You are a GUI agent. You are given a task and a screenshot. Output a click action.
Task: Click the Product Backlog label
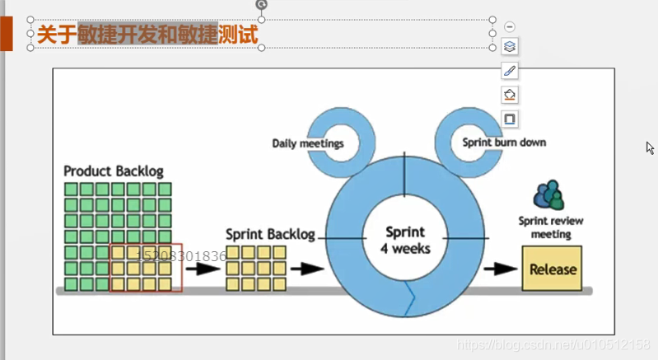114,171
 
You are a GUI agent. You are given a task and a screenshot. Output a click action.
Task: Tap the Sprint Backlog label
270,235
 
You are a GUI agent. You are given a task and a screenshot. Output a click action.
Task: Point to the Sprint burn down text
503,143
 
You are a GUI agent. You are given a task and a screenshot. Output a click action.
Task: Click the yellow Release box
553,269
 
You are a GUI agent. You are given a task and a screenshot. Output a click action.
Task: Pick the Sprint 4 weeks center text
405,240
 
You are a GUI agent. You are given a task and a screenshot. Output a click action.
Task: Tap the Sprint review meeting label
544,227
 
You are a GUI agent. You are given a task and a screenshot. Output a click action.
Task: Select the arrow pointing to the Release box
500,269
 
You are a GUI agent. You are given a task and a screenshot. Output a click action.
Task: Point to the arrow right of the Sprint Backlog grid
306,268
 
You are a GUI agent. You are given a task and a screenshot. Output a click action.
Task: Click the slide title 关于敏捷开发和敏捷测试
148,35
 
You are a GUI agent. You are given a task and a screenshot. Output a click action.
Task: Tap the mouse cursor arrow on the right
650,148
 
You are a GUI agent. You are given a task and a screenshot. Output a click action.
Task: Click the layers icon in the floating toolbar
510,47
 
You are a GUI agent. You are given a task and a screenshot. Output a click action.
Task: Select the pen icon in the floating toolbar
510,71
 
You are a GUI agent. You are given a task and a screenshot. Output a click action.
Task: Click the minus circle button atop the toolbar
510,27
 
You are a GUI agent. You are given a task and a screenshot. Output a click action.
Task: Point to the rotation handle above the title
262,4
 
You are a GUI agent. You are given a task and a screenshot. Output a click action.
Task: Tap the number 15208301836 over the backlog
181,256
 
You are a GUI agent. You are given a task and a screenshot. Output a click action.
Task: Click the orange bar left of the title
7,35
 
